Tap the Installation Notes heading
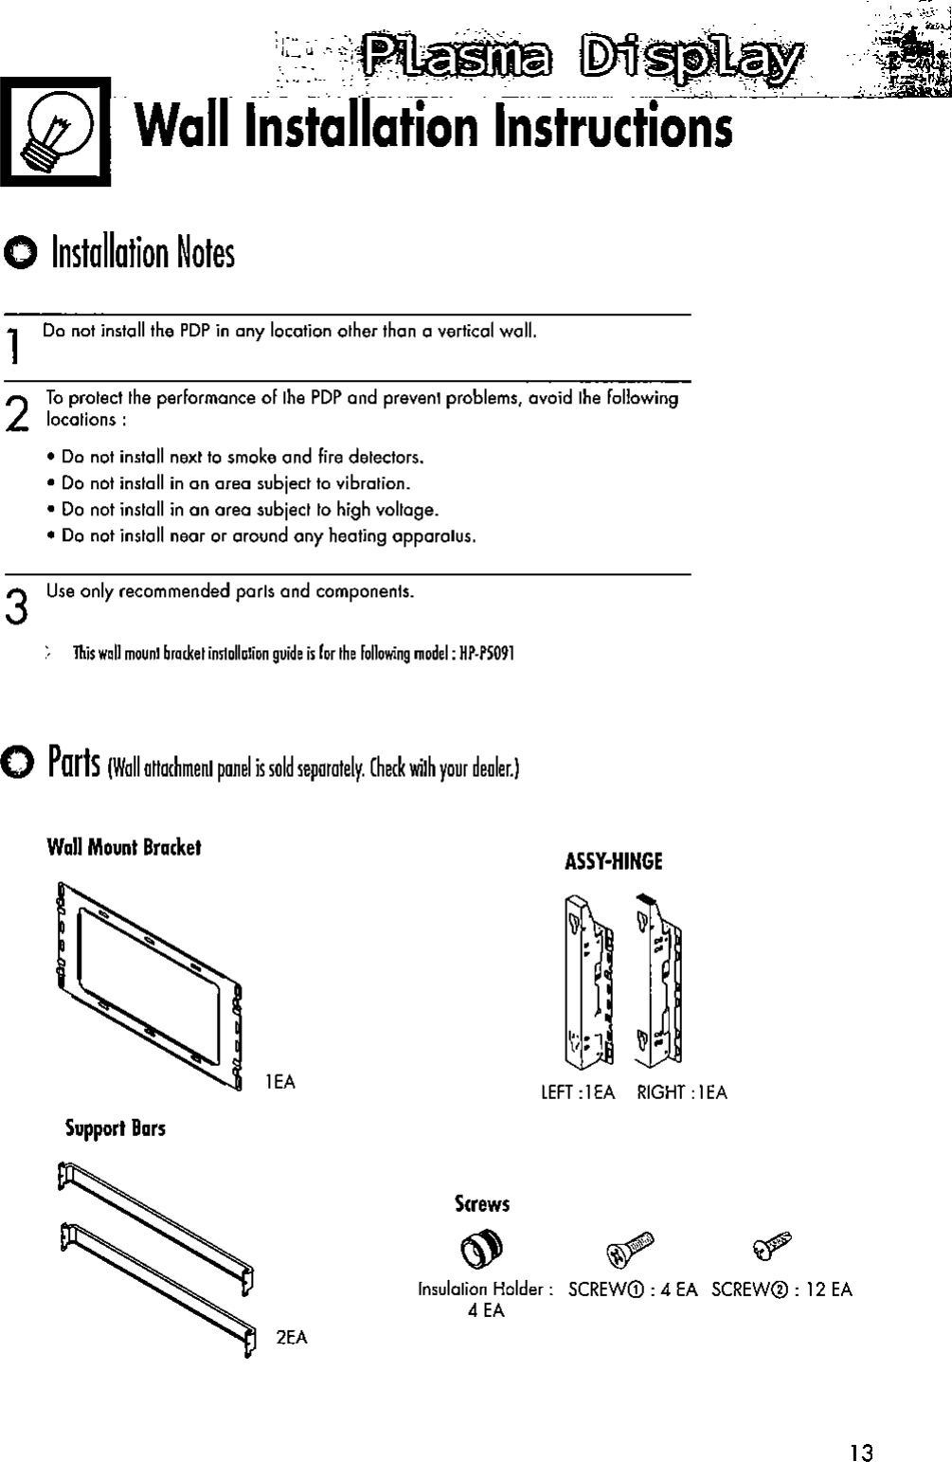[142, 253]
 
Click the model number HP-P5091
[486, 654]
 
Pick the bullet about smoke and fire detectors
[242, 458]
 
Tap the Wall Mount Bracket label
[124, 846]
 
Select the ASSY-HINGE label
[613, 861]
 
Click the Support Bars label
[115, 1128]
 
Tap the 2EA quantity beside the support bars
[292, 1337]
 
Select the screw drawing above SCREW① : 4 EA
[629, 1250]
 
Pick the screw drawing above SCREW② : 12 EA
[776, 1247]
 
